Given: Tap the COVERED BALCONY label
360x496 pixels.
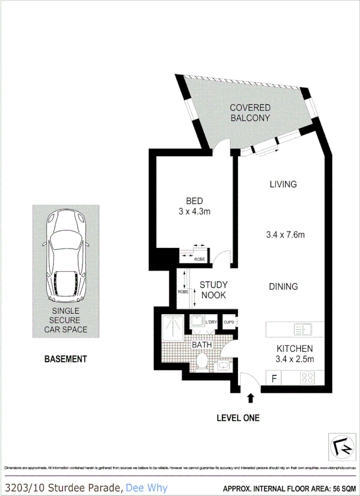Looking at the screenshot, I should [x=250, y=113].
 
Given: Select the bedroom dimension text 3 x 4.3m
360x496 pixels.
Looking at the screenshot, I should [x=195, y=212].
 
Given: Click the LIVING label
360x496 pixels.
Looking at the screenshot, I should [x=283, y=184].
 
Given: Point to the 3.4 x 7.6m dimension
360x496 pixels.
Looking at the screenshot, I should [x=286, y=234].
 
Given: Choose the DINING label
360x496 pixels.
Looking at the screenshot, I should [x=284, y=287].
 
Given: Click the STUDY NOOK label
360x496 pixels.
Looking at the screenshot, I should [x=213, y=290].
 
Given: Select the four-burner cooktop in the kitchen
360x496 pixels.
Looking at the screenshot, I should [x=309, y=377].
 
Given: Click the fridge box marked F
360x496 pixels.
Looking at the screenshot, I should [x=274, y=377].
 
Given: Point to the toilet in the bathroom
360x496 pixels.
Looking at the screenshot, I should [x=201, y=361].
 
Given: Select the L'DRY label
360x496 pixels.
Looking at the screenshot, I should [x=211, y=323].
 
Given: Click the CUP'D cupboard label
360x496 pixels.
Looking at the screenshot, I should [x=229, y=323].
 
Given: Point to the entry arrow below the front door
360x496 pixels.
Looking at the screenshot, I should [x=250, y=397].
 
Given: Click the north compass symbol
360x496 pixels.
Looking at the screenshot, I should [x=341, y=445].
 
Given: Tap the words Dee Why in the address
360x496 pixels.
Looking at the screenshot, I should [x=146, y=487].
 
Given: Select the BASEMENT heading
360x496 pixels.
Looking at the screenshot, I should [x=66, y=359].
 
